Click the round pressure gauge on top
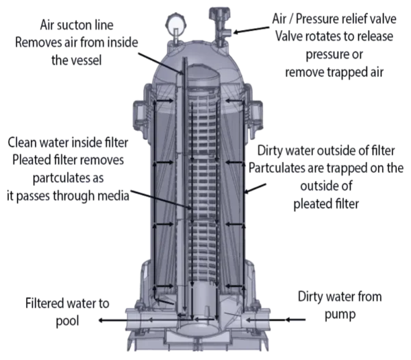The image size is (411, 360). pyautogui.click(x=176, y=23)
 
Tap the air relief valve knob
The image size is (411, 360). pyautogui.click(x=220, y=14)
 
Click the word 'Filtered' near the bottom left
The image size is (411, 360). pyautogui.click(x=45, y=303)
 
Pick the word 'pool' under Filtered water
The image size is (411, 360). pyautogui.click(x=67, y=321)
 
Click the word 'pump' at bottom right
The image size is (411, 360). pyautogui.click(x=340, y=314)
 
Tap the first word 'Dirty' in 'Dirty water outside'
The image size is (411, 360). pyautogui.click(x=269, y=151)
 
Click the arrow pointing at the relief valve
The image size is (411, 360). pyautogui.click(x=251, y=29)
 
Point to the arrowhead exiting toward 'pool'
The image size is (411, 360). pyautogui.click(x=101, y=320)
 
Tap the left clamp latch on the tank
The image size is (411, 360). pyautogui.click(x=141, y=116)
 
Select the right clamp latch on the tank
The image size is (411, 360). pyautogui.click(x=255, y=116)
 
